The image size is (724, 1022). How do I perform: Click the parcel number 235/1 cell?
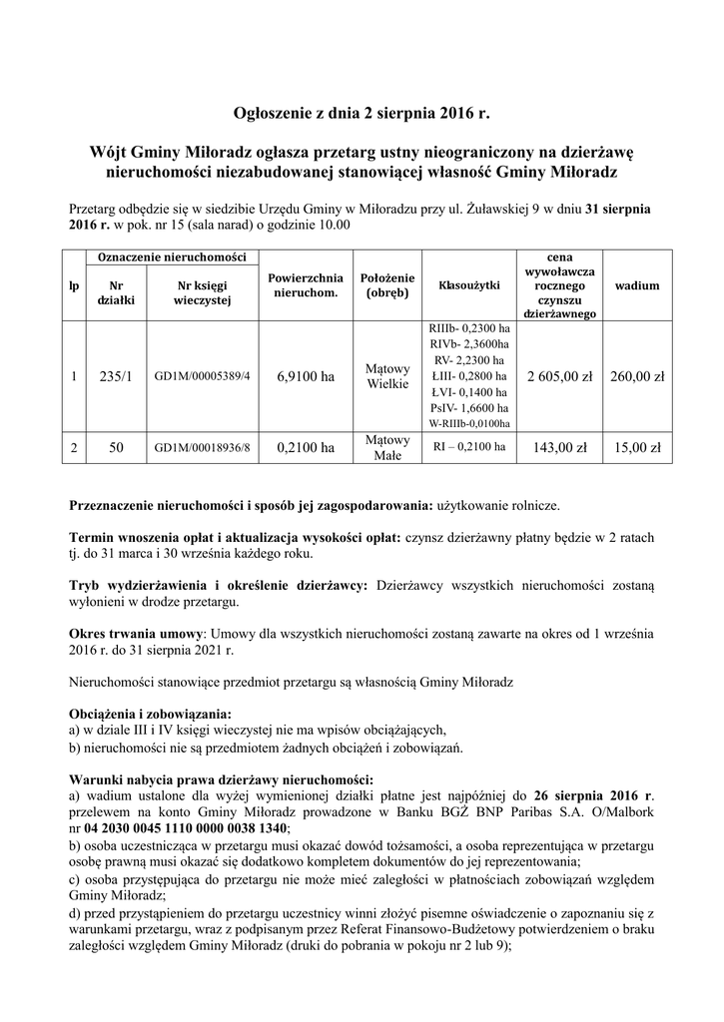tap(116, 376)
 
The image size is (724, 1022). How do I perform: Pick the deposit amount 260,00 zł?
tap(637, 376)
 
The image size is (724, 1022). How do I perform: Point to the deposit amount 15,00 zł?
tap(637, 448)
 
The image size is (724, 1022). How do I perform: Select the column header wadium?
tap(637, 285)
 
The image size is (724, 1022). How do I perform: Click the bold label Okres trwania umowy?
tap(135, 633)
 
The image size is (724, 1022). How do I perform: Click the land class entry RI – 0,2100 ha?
tap(468, 447)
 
